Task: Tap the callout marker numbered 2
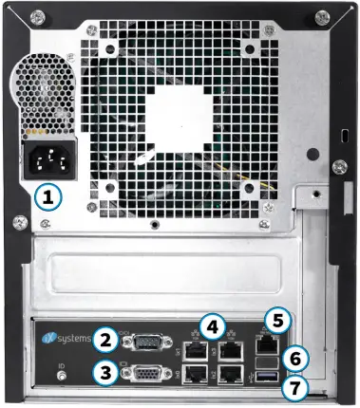tap(109, 337)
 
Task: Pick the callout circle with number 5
tap(276, 320)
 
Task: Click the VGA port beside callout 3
tap(147, 374)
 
